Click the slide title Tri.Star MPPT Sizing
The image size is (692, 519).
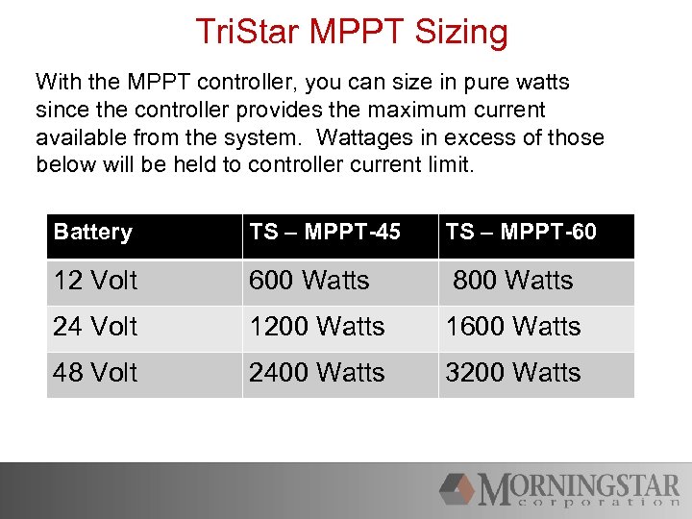tap(351, 32)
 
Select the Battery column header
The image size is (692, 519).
tap(92, 232)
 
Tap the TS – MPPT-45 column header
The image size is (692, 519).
tap(325, 232)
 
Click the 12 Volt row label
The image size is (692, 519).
tap(95, 281)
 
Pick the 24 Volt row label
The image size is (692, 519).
tap(95, 327)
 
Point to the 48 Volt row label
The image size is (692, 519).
tap(95, 373)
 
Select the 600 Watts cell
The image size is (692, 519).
tap(309, 281)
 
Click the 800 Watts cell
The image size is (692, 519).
tap(512, 281)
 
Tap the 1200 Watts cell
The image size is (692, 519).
tap(316, 327)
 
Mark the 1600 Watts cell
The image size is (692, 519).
tap(512, 327)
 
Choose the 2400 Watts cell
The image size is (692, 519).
tap(316, 373)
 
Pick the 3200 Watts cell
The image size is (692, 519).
tap(512, 373)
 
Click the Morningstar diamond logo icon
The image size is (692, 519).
tap(458, 488)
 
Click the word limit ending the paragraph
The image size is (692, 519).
tap(448, 164)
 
